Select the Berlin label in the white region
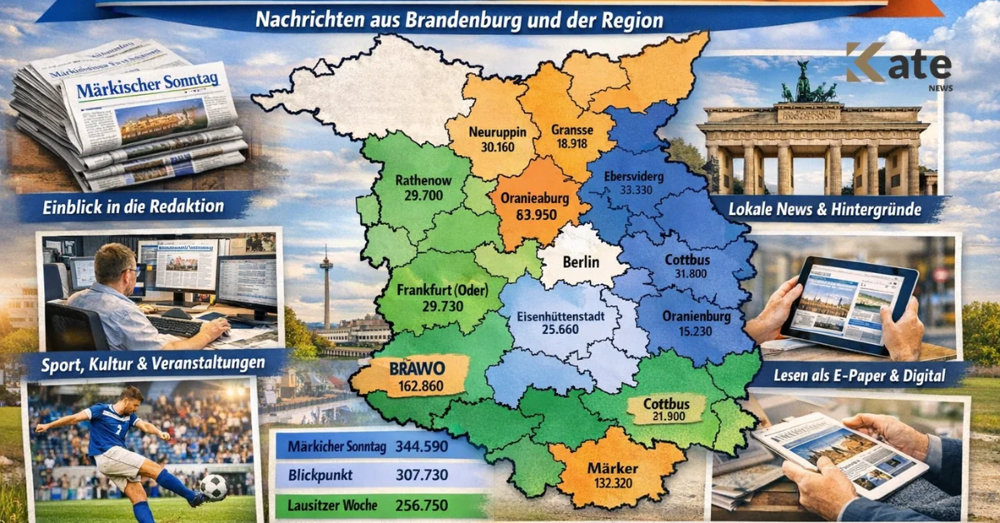click(x=582, y=262)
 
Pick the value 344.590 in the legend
click(x=423, y=446)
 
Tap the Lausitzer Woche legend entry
click(x=332, y=505)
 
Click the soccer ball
click(x=213, y=487)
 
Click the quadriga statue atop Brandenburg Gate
click(x=804, y=84)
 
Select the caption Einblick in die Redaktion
click(x=134, y=207)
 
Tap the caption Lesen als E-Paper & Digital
click(x=859, y=376)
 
